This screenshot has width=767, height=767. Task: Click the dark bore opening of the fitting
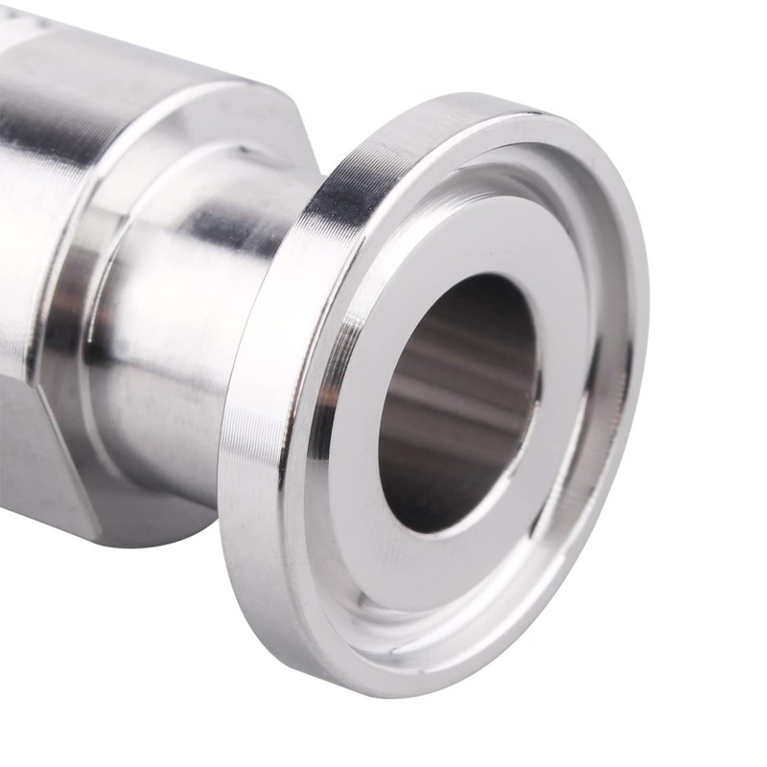tap(458, 403)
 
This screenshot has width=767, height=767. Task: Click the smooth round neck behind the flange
tap(192, 316)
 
